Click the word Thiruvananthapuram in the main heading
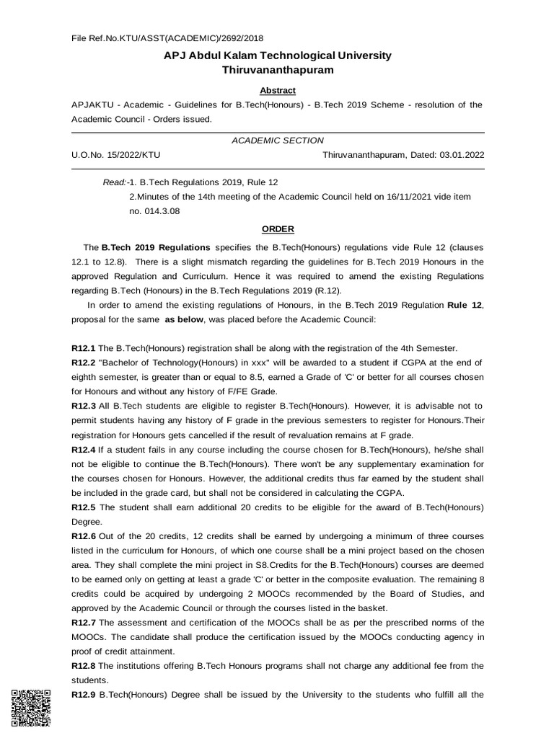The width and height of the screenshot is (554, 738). [x=278, y=71]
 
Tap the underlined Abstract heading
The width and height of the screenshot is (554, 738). [x=278, y=90]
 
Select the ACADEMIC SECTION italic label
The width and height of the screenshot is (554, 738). [x=278, y=141]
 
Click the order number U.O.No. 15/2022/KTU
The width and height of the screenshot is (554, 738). [x=116, y=154]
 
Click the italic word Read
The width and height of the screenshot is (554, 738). [x=114, y=182]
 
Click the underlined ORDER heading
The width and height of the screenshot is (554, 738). [x=278, y=229]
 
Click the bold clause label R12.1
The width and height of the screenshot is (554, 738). [x=84, y=348]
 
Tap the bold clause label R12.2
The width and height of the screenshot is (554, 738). [x=84, y=363]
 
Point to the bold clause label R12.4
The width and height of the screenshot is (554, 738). [x=84, y=450]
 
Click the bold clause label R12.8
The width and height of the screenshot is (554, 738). [x=84, y=665]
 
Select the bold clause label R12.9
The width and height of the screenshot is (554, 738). [x=84, y=695]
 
